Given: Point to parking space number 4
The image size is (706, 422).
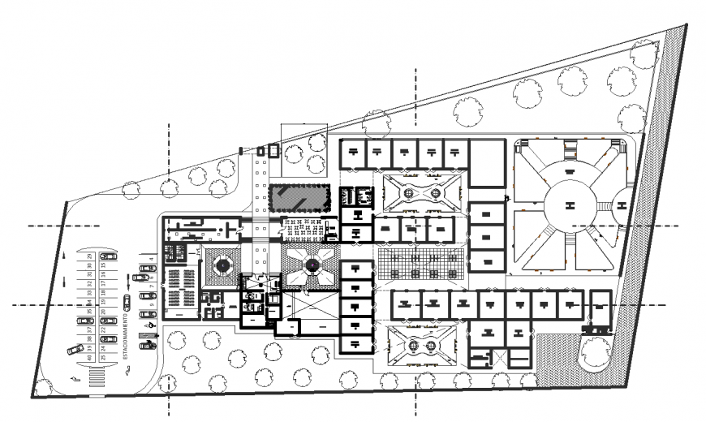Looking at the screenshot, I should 151,261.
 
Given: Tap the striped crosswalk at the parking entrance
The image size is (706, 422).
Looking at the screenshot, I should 97,378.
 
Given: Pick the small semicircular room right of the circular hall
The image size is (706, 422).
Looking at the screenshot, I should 623,206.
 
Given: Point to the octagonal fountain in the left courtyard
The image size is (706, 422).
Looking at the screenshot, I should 222,265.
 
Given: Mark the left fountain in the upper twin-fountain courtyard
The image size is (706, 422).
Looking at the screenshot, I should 408,192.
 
